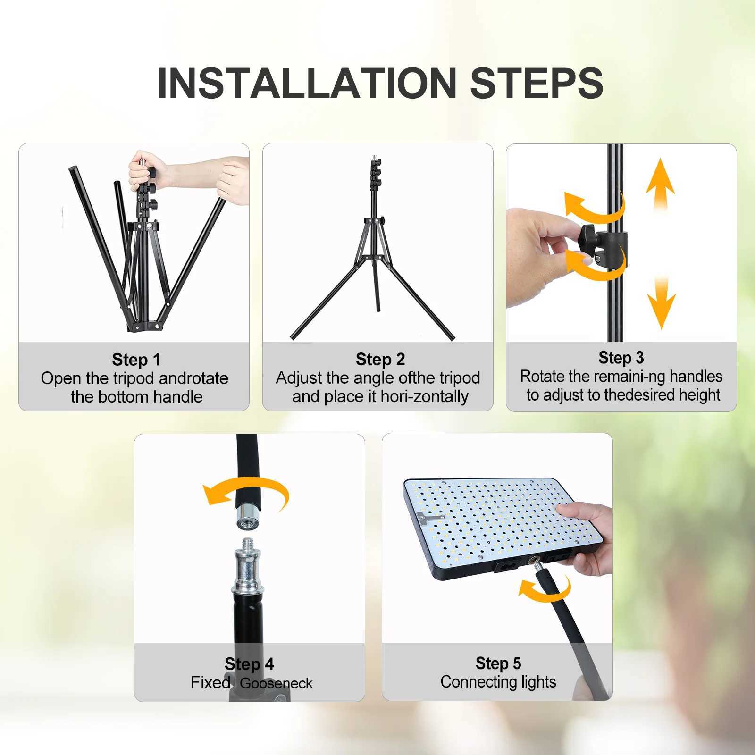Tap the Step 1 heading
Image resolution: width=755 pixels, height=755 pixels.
point(136,360)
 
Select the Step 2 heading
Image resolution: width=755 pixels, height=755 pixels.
point(380,359)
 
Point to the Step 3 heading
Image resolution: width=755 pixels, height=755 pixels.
point(621,358)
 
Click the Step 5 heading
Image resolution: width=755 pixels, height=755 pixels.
point(498,663)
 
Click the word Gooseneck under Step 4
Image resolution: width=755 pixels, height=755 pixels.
point(276,683)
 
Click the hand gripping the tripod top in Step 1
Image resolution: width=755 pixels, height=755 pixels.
point(146,168)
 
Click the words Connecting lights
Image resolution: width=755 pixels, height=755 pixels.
point(498,682)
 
